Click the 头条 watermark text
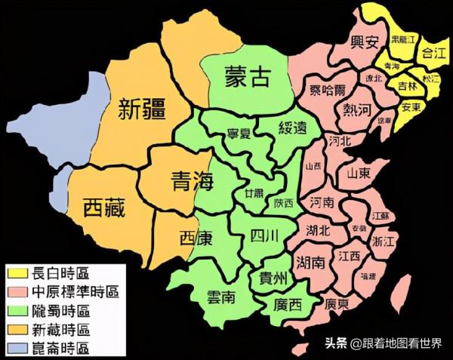[x=337, y=343]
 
